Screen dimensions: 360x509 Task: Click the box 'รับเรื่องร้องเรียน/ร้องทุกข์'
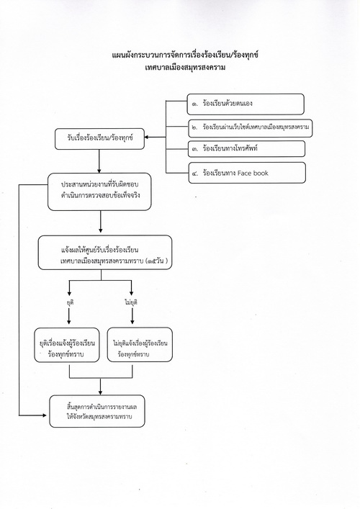coord(99,139)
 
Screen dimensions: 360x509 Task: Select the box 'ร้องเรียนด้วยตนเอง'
coord(246,104)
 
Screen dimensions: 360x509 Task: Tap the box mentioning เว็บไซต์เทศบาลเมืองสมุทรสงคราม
coord(251,128)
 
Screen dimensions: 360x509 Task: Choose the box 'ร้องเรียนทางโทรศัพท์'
coord(246,149)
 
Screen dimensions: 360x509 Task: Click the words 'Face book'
coord(253,173)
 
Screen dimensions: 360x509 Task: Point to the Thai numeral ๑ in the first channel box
coord(194,104)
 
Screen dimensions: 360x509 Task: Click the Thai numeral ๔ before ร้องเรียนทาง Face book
coord(195,174)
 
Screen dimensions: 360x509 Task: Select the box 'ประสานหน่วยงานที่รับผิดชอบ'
coord(99,192)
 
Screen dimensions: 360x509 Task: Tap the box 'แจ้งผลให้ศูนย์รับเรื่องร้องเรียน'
coord(105,253)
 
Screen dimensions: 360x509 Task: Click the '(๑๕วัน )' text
coord(157,261)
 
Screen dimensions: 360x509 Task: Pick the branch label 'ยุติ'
coord(69,302)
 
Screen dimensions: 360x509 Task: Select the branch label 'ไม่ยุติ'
coord(131,302)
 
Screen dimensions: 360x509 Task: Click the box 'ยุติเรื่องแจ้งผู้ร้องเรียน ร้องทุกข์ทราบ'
coord(67,345)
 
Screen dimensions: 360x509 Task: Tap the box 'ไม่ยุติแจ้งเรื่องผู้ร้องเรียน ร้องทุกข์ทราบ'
coord(140,344)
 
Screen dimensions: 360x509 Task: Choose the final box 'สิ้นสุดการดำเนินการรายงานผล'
coord(97,411)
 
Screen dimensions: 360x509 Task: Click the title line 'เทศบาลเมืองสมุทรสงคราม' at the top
coord(185,68)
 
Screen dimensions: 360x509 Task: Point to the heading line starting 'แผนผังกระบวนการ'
coord(185,55)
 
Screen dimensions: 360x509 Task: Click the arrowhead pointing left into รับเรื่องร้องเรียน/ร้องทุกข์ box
coord(146,137)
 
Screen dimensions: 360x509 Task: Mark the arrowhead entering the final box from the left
coord(45,415)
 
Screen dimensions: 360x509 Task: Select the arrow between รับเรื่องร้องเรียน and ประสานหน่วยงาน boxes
coord(99,161)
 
